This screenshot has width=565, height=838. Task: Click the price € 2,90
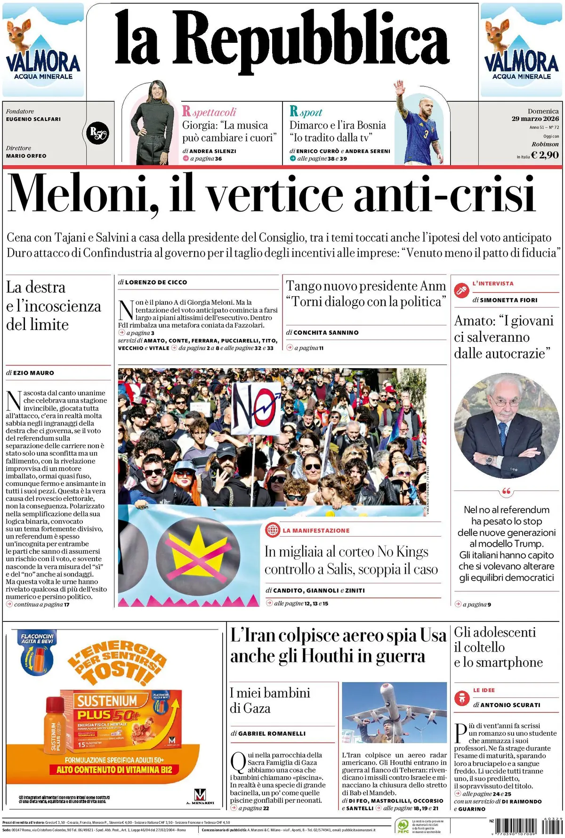click(545, 155)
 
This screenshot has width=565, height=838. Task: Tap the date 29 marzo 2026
click(535, 119)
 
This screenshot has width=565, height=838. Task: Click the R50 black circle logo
click(98, 133)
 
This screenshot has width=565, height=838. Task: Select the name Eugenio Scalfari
click(33, 119)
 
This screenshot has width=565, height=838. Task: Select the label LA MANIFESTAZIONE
click(316, 530)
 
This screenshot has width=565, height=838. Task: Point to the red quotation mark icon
click(507, 492)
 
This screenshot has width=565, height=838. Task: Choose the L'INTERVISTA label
click(493, 283)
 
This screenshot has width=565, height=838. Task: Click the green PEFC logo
click(403, 825)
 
